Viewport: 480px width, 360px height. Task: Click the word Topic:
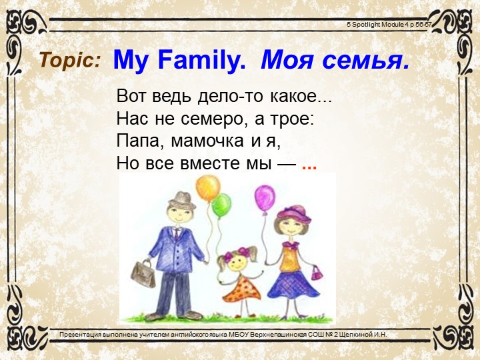[70, 61]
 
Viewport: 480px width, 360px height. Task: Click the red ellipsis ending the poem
[309, 165]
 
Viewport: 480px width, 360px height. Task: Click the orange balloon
[208, 188]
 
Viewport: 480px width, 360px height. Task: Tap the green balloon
[221, 205]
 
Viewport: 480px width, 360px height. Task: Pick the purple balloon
[265, 197]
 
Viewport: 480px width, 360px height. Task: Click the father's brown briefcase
[143, 273]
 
